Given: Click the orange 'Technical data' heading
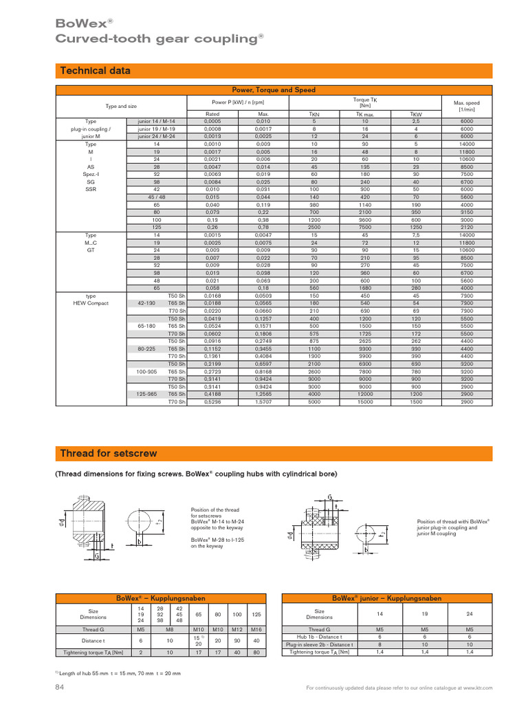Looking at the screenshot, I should tap(96, 71).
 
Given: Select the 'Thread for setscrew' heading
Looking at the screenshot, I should tap(109, 453).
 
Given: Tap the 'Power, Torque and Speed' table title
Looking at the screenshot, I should tap(274, 90).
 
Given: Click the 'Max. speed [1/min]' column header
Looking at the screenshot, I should tap(467, 105).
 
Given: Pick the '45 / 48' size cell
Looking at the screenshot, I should tap(156, 197).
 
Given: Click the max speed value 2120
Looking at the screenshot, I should tap(467, 228).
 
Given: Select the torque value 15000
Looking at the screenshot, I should tap(365, 401).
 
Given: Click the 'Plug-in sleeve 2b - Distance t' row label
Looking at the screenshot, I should tap(320, 645).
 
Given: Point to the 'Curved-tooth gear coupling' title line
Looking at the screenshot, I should tap(159, 39).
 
